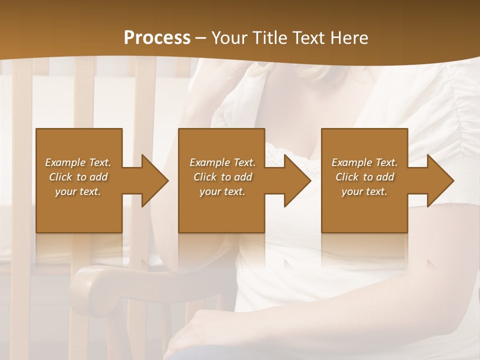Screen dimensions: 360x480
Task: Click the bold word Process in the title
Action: (x=157, y=38)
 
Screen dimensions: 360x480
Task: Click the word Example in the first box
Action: (x=66, y=162)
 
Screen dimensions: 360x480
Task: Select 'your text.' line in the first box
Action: (x=78, y=191)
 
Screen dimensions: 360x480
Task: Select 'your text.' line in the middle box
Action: (x=222, y=191)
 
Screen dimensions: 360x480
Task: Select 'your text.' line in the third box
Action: (x=364, y=191)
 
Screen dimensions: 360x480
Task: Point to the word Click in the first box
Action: (x=60, y=177)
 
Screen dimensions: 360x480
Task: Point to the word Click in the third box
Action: (x=347, y=177)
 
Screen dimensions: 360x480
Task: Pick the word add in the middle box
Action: (x=243, y=177)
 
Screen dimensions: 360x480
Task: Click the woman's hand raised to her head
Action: (x=250, y=72)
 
